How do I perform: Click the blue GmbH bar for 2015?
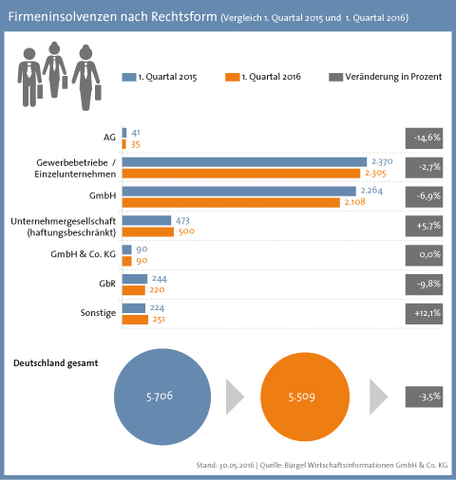[x=239, y=192]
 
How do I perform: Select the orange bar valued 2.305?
[x=241, y=174]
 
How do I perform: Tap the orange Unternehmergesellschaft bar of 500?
[x=148, y=232]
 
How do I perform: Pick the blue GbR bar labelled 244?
[x=135, y=279]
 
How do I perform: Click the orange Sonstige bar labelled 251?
[x=135, y=320]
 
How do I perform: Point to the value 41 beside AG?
[x=136, y=133]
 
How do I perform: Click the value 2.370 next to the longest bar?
[x=382, y=161]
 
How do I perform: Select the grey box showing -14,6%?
[x=424, y=138]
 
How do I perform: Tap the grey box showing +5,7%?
[x=424, y=226]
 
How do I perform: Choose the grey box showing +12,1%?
[x=424, y=314]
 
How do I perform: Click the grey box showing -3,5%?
[x=424, y=397]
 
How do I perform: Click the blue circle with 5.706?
[x=162, y=397]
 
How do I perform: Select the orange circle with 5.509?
[x=305, y=397]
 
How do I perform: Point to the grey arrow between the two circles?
[x=234, y=397]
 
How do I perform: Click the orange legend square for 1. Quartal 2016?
[x=232, y=77]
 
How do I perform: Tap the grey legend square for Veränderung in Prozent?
[x=335, y=77]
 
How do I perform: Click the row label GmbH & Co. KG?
[x=84, y=254]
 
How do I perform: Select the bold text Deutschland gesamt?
[x=56, y=363]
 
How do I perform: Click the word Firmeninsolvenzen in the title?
[x=63, y=16]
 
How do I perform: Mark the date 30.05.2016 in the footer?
[x=237, y=465]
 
